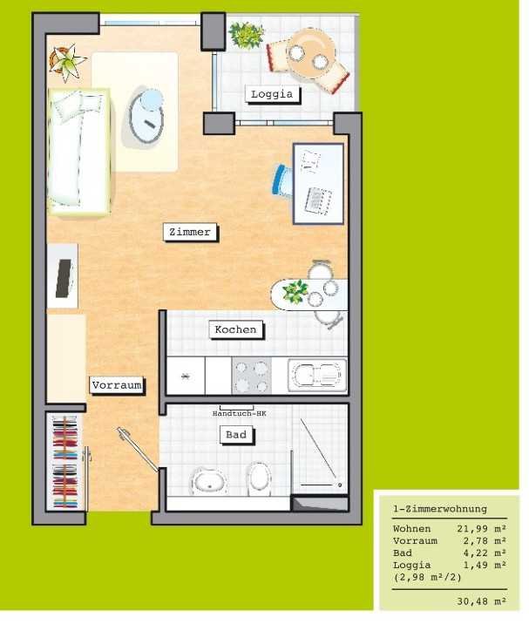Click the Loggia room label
coord(272,94)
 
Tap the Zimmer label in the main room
coord(190,232)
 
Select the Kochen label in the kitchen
coord(235,329)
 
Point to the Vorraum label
coord(116,385)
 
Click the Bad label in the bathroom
coord(236,435)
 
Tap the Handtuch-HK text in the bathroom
coord(239,413)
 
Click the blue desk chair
coord(282,180)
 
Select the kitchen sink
coord(317,376)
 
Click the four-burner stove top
coord(251,376)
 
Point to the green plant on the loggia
coord(247,35)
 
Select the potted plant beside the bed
coord(67,62)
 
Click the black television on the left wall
coord(64,278)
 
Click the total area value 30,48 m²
coord(481,601)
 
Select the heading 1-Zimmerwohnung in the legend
coord(440,509)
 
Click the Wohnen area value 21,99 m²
coord(481,529)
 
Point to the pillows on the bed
coord(77,104)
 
